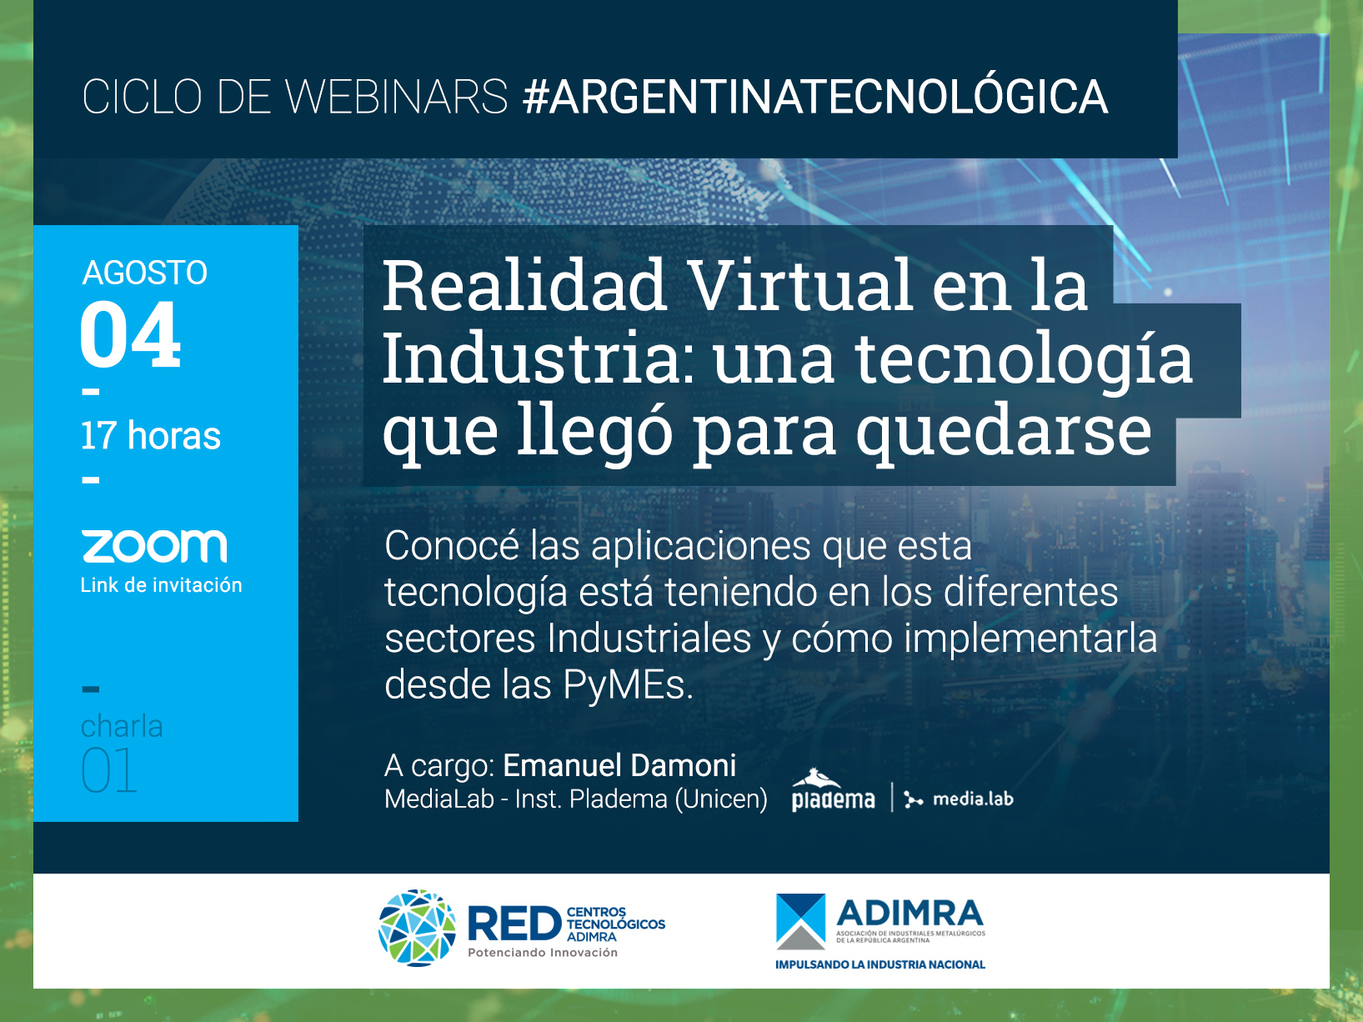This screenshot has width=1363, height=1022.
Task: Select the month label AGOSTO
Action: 145,273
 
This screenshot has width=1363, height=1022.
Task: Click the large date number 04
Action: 130,334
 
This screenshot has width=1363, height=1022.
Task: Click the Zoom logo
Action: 154,546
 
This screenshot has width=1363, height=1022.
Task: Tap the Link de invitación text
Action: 161,585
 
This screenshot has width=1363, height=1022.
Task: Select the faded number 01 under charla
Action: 108,770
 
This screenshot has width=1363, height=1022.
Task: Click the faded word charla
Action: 122,726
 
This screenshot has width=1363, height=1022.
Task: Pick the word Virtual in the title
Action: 802,286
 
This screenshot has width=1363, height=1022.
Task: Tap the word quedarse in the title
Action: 1004,433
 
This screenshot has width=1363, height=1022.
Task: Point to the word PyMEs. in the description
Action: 628,684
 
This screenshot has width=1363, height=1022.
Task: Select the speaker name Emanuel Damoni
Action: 619,765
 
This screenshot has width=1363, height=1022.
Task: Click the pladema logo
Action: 833,790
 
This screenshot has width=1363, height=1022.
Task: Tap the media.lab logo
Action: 959,799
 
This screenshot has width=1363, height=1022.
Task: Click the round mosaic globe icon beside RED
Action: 418,928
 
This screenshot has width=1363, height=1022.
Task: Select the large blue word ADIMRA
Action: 910,914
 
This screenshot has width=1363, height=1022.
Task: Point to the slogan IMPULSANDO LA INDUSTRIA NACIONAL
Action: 879,964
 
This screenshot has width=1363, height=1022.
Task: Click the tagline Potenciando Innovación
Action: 543,953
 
